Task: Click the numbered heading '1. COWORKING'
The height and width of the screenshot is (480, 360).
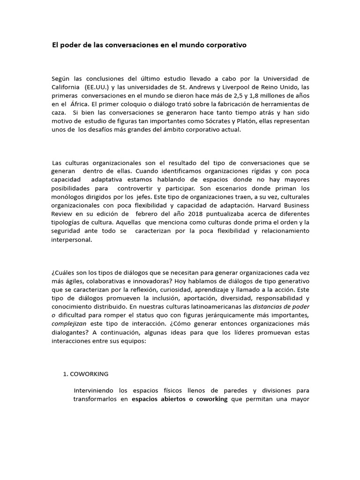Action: point(86,374)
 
